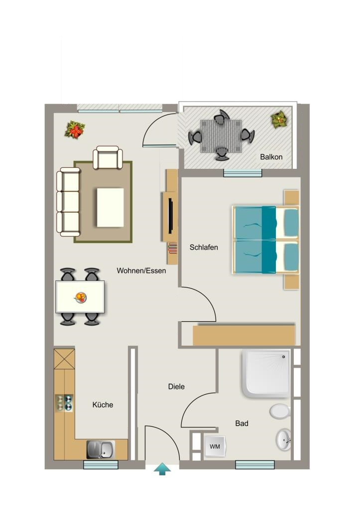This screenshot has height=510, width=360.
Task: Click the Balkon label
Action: pos(271,157)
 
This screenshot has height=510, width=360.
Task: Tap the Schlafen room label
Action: pos(204,247)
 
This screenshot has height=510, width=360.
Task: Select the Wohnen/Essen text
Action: pos(141,270)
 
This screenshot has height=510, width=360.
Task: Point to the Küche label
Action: pos(103,404)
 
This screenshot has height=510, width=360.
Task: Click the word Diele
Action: pos(176,386)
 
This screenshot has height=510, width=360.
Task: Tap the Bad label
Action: pos(241,423)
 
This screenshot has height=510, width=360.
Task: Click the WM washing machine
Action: pos(215,446)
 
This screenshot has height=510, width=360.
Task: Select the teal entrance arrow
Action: pos(162,470)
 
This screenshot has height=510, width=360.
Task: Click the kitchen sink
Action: pos(101,450)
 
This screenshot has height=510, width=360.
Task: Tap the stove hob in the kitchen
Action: pos(64,403)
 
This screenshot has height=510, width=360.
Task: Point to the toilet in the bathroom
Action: pos(280,411)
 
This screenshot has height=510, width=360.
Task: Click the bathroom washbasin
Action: pos(284,440)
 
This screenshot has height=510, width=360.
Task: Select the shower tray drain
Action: pos(283,357)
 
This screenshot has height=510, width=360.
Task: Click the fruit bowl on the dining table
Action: pos(80,297)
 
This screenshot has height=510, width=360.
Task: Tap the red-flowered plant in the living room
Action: pos(75,130)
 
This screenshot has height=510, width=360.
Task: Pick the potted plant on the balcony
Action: pos(279,120)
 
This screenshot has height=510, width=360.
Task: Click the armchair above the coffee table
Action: pos(108,157)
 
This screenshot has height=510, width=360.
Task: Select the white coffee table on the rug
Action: pos(110,208)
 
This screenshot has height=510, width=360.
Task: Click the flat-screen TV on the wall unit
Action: pos(170,215)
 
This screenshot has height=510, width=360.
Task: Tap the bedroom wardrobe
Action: pos(244,335)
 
